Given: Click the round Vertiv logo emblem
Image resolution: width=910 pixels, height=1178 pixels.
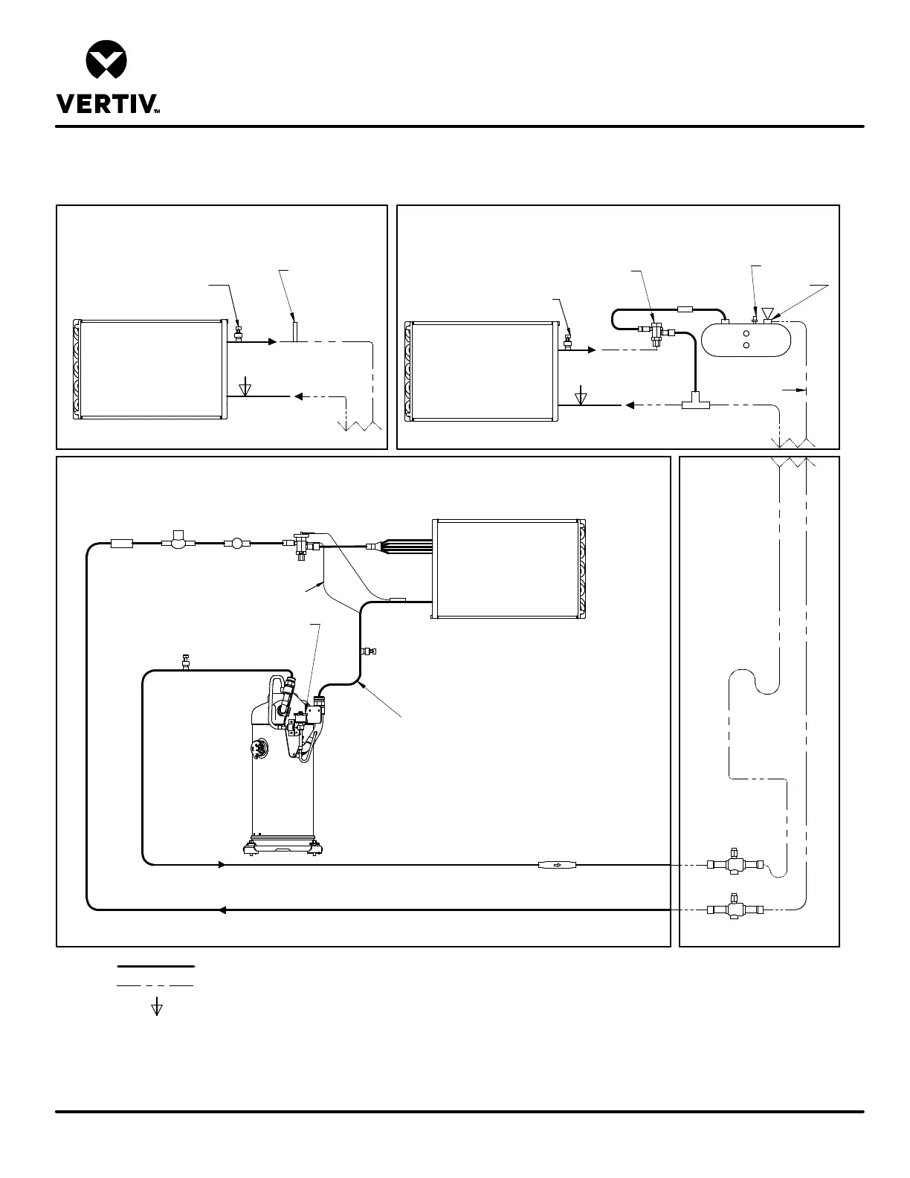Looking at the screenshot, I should point(106,62).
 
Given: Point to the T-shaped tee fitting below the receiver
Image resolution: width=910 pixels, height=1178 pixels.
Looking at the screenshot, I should point(695,402).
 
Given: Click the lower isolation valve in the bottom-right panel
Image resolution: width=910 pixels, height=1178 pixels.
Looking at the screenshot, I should point(734,908).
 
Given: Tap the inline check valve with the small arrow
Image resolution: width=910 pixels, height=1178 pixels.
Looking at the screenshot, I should point(557,864).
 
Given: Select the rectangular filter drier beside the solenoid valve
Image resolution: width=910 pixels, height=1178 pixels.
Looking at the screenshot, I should point(120,544).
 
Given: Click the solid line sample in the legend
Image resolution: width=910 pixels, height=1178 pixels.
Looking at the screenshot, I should point(156,967).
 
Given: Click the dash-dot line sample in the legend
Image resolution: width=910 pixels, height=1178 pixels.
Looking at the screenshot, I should point(156,985).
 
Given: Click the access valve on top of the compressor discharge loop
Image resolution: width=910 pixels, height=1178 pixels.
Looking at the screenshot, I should point(185,662).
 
